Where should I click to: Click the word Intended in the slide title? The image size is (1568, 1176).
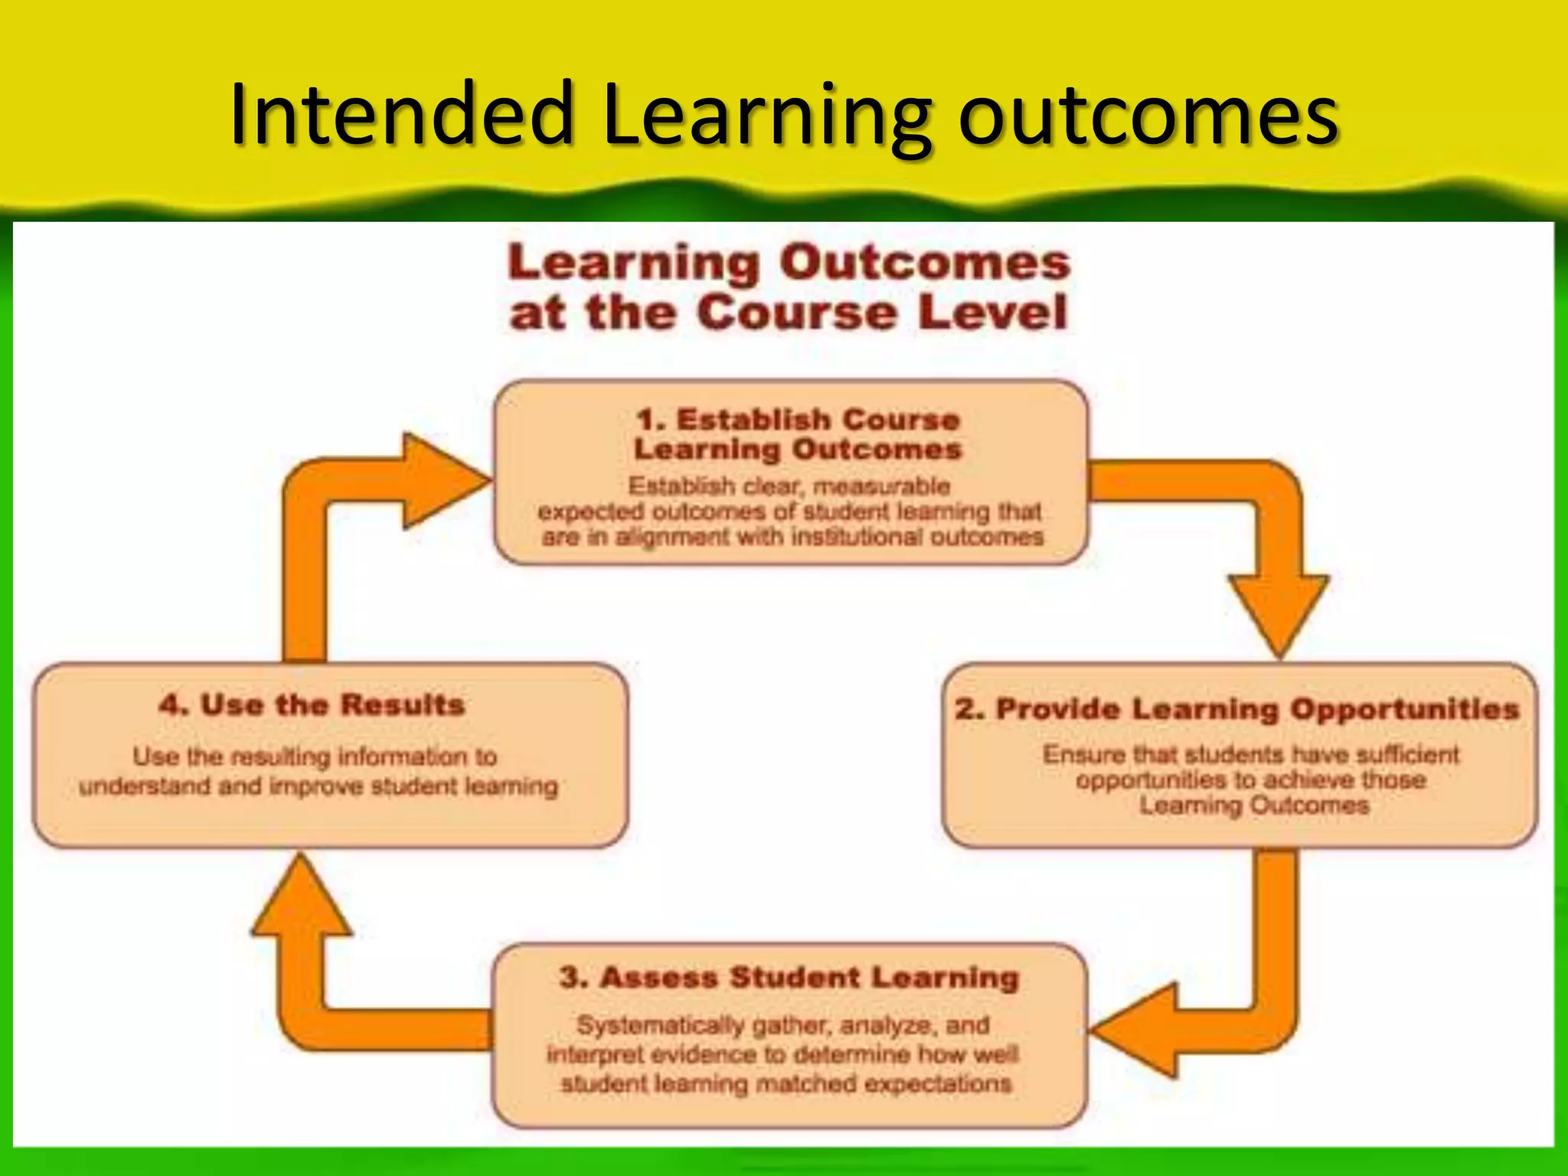click(402, 115)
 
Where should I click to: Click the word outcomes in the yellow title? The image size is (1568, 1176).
click(1148, 116)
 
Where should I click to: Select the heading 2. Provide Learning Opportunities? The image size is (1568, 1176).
click(1236, 709)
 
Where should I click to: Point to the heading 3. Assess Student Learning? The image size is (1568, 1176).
click(789, 978)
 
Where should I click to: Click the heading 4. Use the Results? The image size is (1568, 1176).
click(312, 704)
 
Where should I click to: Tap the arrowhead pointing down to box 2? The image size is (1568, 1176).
click(1279, 612)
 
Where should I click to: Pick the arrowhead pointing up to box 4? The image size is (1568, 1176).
click(302, 900)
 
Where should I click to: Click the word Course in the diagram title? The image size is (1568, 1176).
click(796, 313)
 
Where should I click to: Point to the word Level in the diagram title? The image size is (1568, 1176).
click(992, 313)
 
